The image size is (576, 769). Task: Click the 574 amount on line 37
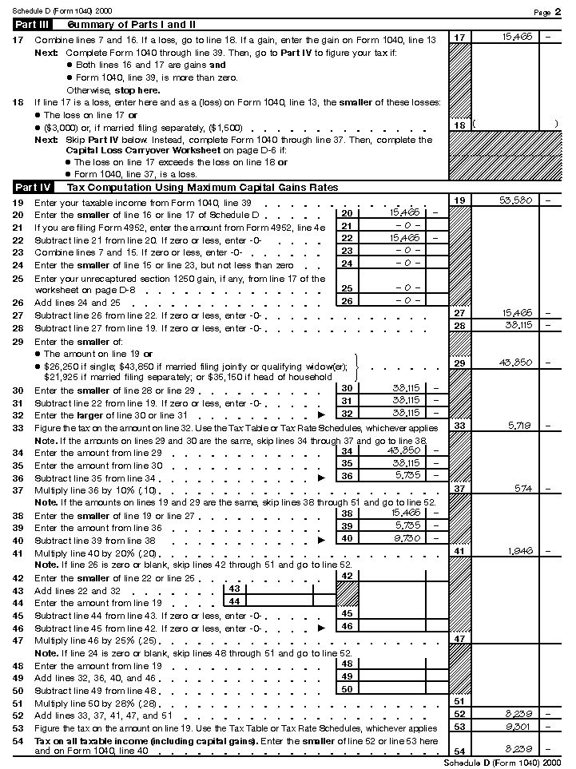522,488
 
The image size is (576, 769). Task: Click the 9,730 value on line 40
404,538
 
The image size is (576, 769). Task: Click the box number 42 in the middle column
346,576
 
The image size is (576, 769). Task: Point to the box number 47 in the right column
459,639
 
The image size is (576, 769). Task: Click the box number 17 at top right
459,38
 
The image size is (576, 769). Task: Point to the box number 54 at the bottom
459,751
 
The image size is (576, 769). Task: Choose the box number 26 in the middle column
346,300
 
